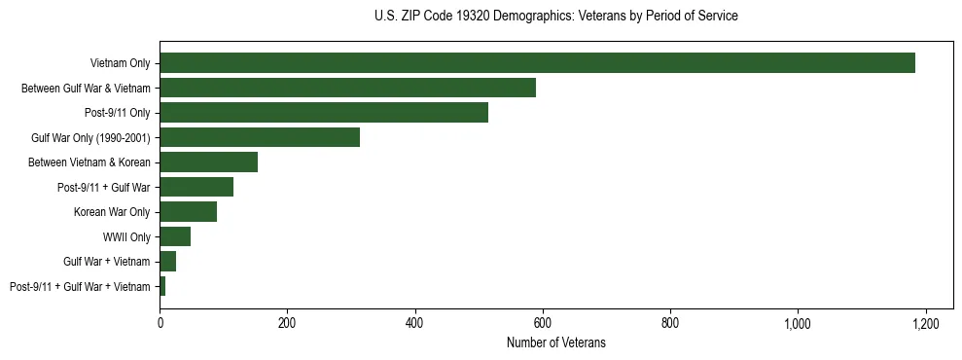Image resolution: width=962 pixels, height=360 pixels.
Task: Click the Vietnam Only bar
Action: [537, 63]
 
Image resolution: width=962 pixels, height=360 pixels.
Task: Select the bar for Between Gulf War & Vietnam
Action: [347, 88]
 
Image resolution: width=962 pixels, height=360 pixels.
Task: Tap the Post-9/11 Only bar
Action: [324, 113]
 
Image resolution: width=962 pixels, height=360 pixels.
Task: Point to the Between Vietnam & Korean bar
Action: [208, 162]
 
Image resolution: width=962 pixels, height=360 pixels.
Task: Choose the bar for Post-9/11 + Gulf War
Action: [196, 187]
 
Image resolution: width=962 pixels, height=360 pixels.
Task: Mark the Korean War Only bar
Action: [188, 212]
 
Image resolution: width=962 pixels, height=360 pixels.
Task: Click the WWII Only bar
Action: [175, 236]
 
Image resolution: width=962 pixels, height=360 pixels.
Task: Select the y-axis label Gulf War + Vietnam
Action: [107, 262]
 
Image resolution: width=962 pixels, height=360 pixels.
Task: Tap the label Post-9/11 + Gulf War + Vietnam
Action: [80, 287]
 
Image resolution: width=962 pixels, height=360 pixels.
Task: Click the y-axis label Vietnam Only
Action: [120, 63]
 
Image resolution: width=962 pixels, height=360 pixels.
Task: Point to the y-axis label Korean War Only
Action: [112, 212]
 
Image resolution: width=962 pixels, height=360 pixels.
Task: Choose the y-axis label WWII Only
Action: [126, 236]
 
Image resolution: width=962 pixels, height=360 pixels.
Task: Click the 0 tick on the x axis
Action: [160, 323]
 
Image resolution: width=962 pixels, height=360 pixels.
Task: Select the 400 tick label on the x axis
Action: [414, 323]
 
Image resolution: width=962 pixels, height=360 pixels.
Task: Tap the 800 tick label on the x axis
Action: [670, 323]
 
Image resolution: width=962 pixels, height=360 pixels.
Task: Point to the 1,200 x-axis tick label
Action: [925, 323]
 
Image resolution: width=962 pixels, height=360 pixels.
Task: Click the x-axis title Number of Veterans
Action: [555, 342]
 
